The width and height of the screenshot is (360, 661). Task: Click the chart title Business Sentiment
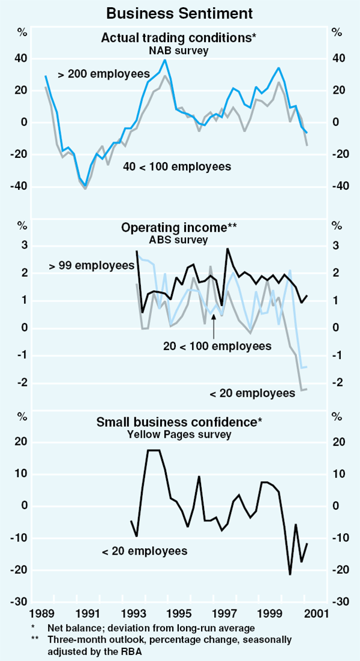pyautogui.click(x=180, y=12)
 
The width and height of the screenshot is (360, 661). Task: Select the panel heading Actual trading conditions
pyautogui.click(x=178, y=38)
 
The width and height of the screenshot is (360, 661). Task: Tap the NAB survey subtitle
pyautogui.click(x=179, y=50)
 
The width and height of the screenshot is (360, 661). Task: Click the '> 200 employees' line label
pyautogui.click(x=104, y=74)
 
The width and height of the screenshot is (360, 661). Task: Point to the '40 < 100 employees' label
pyautogui.click(x=176, y=166)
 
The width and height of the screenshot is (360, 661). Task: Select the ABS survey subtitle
pyautogui.click(x=179, y=240)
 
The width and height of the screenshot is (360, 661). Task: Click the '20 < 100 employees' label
pyautogui.click(x=217, y=346)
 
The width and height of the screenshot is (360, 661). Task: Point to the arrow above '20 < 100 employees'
pyautogui.click(x=214, y=324)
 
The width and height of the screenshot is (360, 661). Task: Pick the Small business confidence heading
pyautogui.click(x=179, y=422)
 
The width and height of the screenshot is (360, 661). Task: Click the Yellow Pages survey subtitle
pyautogui.click(x=179, y=433)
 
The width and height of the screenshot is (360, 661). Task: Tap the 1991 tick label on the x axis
pyautogui.click(x=88, y=614)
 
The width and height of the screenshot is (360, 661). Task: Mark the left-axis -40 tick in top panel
pyautogui.click(x=20, y=186)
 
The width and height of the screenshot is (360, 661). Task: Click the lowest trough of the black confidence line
pyautogui.click(x=290, y=575)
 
